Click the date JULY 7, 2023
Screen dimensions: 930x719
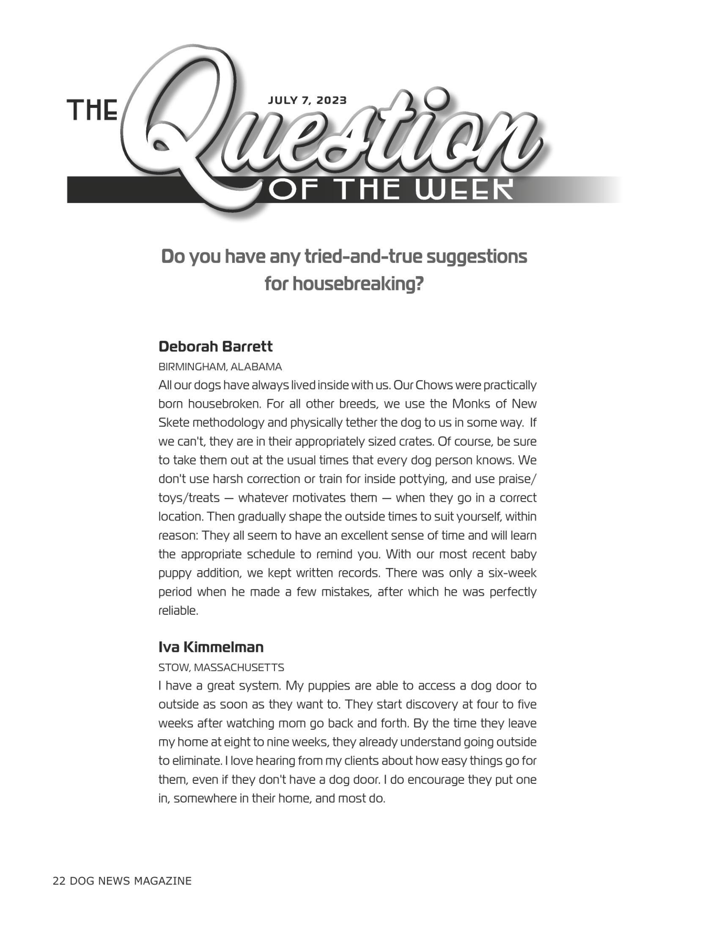(307, 101)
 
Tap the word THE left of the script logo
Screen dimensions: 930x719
(93, 110)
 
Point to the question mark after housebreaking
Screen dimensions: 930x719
(419, 284)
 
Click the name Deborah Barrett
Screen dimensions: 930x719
(215, 347)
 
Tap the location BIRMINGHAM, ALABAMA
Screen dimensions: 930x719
(220, 367)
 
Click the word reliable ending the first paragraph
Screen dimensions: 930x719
(178, 611)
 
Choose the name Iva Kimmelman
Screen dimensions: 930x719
(211, 647)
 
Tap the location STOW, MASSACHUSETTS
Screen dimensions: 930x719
(221, 667)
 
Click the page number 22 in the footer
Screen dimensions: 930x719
(59, 881)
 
